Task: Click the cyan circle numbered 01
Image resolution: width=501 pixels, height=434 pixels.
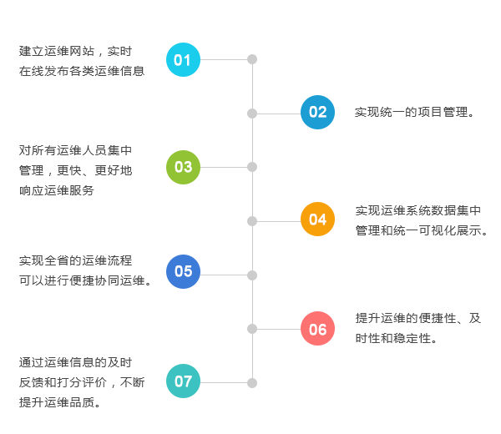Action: pos(183,59)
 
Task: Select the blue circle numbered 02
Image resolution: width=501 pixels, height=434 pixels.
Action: pos(317,113)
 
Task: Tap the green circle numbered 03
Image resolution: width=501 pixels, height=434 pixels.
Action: pos(183,167)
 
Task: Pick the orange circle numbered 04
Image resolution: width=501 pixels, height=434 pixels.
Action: pos(317,220)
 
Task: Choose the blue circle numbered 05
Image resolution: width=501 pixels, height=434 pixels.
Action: pos(183,271)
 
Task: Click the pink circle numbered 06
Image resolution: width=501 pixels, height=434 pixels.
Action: pos(317,329)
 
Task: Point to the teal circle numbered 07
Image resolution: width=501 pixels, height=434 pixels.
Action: pos(183,382)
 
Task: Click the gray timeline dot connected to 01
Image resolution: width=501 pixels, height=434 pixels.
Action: pos(252,59)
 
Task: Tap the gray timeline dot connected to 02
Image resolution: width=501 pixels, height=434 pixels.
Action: pos(252,113)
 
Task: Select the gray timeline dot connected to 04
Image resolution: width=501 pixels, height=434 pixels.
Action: pos(252,220)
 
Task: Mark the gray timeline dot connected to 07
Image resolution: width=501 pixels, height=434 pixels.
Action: pos(252,382)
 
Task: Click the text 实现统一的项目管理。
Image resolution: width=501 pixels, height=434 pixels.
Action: pos(414,112)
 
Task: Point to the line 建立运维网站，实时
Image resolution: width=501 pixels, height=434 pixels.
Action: pos(75,52)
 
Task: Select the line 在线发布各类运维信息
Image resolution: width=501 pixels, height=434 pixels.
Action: pos(82,71)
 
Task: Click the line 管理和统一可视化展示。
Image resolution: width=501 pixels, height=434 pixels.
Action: pos(422,230)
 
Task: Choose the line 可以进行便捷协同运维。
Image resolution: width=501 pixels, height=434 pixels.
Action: pos(85,280)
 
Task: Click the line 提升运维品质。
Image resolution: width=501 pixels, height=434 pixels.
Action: pos(60,402)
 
